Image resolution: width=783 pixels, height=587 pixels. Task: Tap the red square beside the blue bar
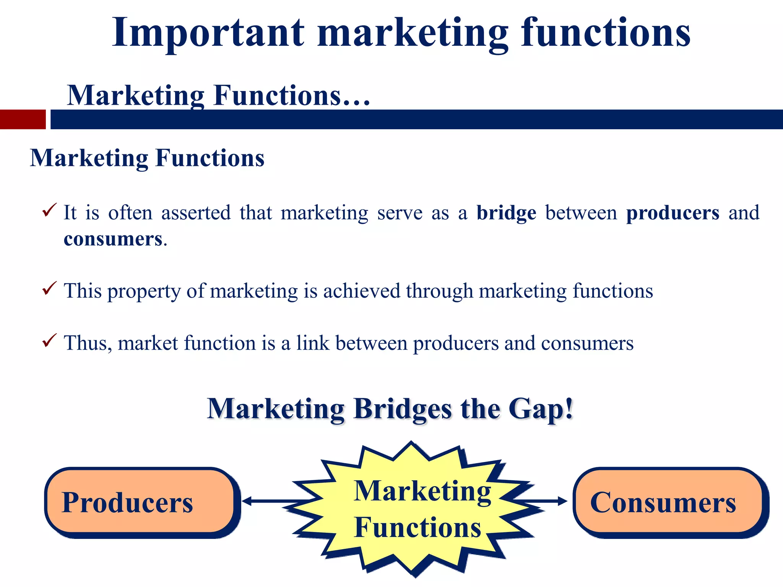point(23,120)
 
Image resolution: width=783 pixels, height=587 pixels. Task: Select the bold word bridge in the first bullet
point(506,213)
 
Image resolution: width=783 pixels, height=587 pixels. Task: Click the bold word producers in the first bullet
point(673,213)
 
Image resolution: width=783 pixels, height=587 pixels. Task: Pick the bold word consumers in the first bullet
point(113,239)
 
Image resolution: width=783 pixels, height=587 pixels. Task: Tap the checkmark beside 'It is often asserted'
point(49,210)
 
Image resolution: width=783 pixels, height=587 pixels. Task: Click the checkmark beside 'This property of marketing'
point(49,288)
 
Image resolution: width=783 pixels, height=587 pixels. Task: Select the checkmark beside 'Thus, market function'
point(49,340)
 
